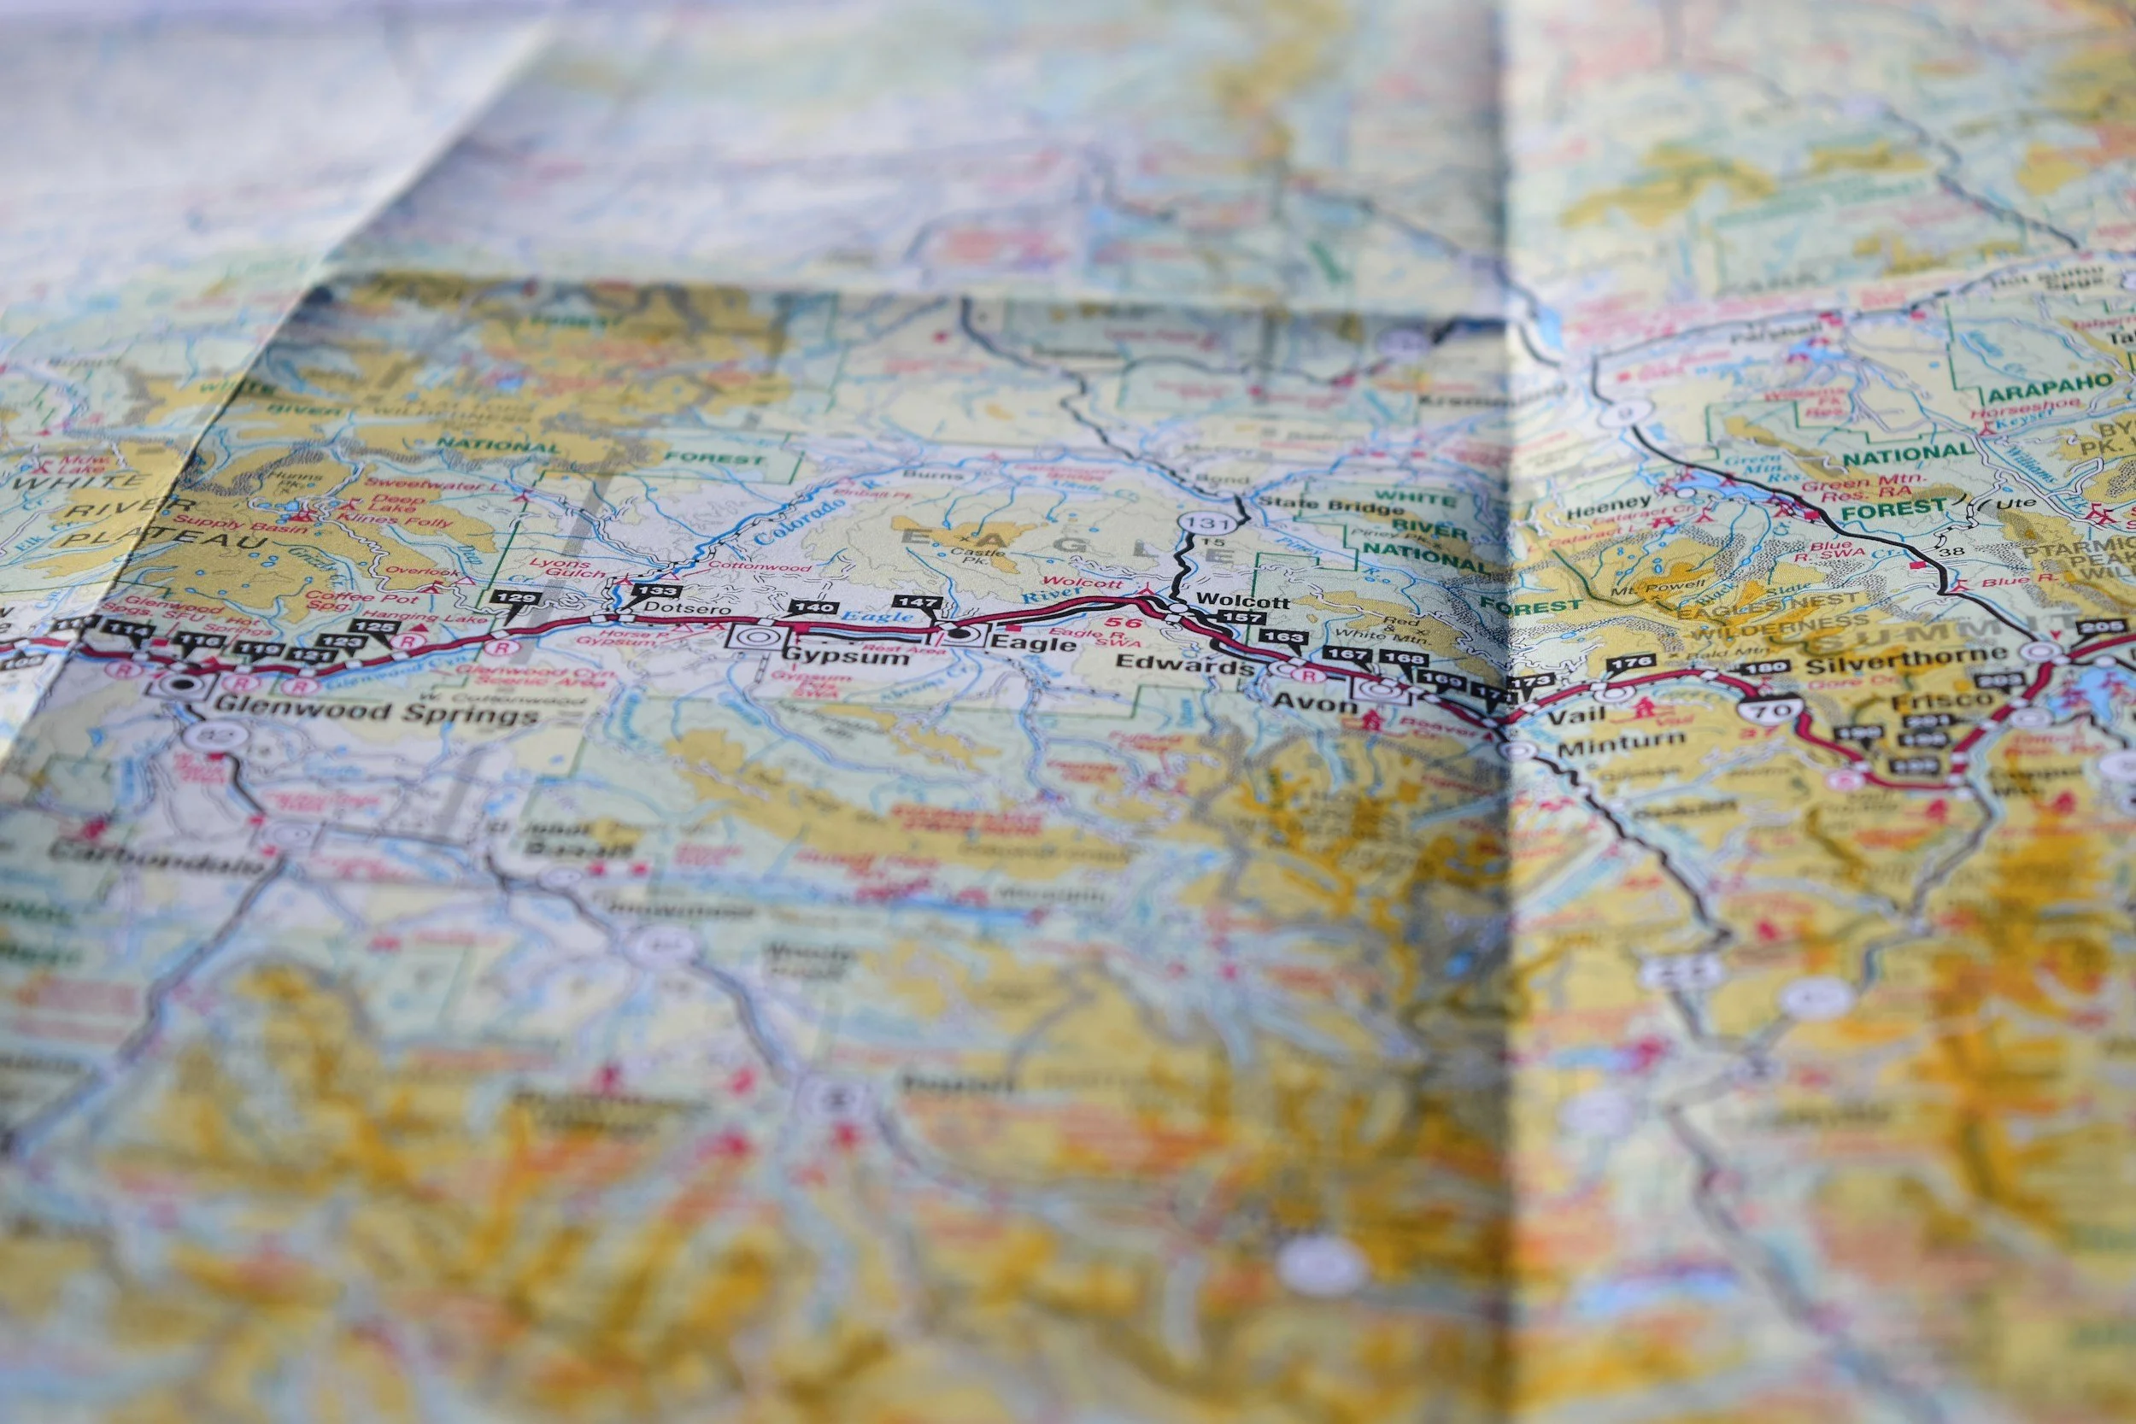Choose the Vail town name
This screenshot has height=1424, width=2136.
[x=1576, y=716]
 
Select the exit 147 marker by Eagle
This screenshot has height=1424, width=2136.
[x=919, y=601]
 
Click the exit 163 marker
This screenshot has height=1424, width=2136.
[x=1284, y=637]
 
